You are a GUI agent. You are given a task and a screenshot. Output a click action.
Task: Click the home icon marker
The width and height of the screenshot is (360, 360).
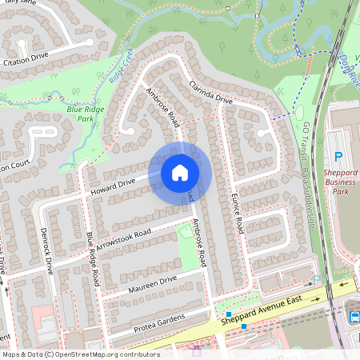click(x=179, y=173)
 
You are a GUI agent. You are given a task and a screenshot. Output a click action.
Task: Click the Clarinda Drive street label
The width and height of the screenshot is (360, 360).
click(x=210, y=94)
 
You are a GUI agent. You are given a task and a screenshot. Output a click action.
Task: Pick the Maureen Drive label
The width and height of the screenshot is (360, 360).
click(x=152, y=282)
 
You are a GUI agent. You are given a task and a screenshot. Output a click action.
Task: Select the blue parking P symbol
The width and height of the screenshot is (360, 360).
click(x=338, y=157)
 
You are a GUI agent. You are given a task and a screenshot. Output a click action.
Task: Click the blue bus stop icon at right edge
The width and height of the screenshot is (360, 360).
click(x=354, y=317)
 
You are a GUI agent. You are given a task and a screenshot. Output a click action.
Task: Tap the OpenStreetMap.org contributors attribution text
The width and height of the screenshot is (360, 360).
click(x=109, y=354)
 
